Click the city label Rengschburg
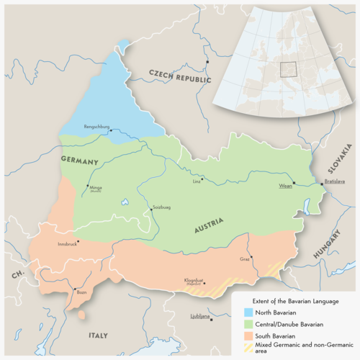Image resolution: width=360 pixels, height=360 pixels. click(x=96, y=127)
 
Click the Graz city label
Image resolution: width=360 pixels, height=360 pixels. click(x=245, y=258)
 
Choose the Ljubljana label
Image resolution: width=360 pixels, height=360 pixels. click(x=199, y=316)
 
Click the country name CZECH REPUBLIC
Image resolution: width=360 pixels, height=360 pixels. click(x=179, y=76)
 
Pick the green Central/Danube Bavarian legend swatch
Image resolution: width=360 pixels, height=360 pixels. click(x=248, y=324)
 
